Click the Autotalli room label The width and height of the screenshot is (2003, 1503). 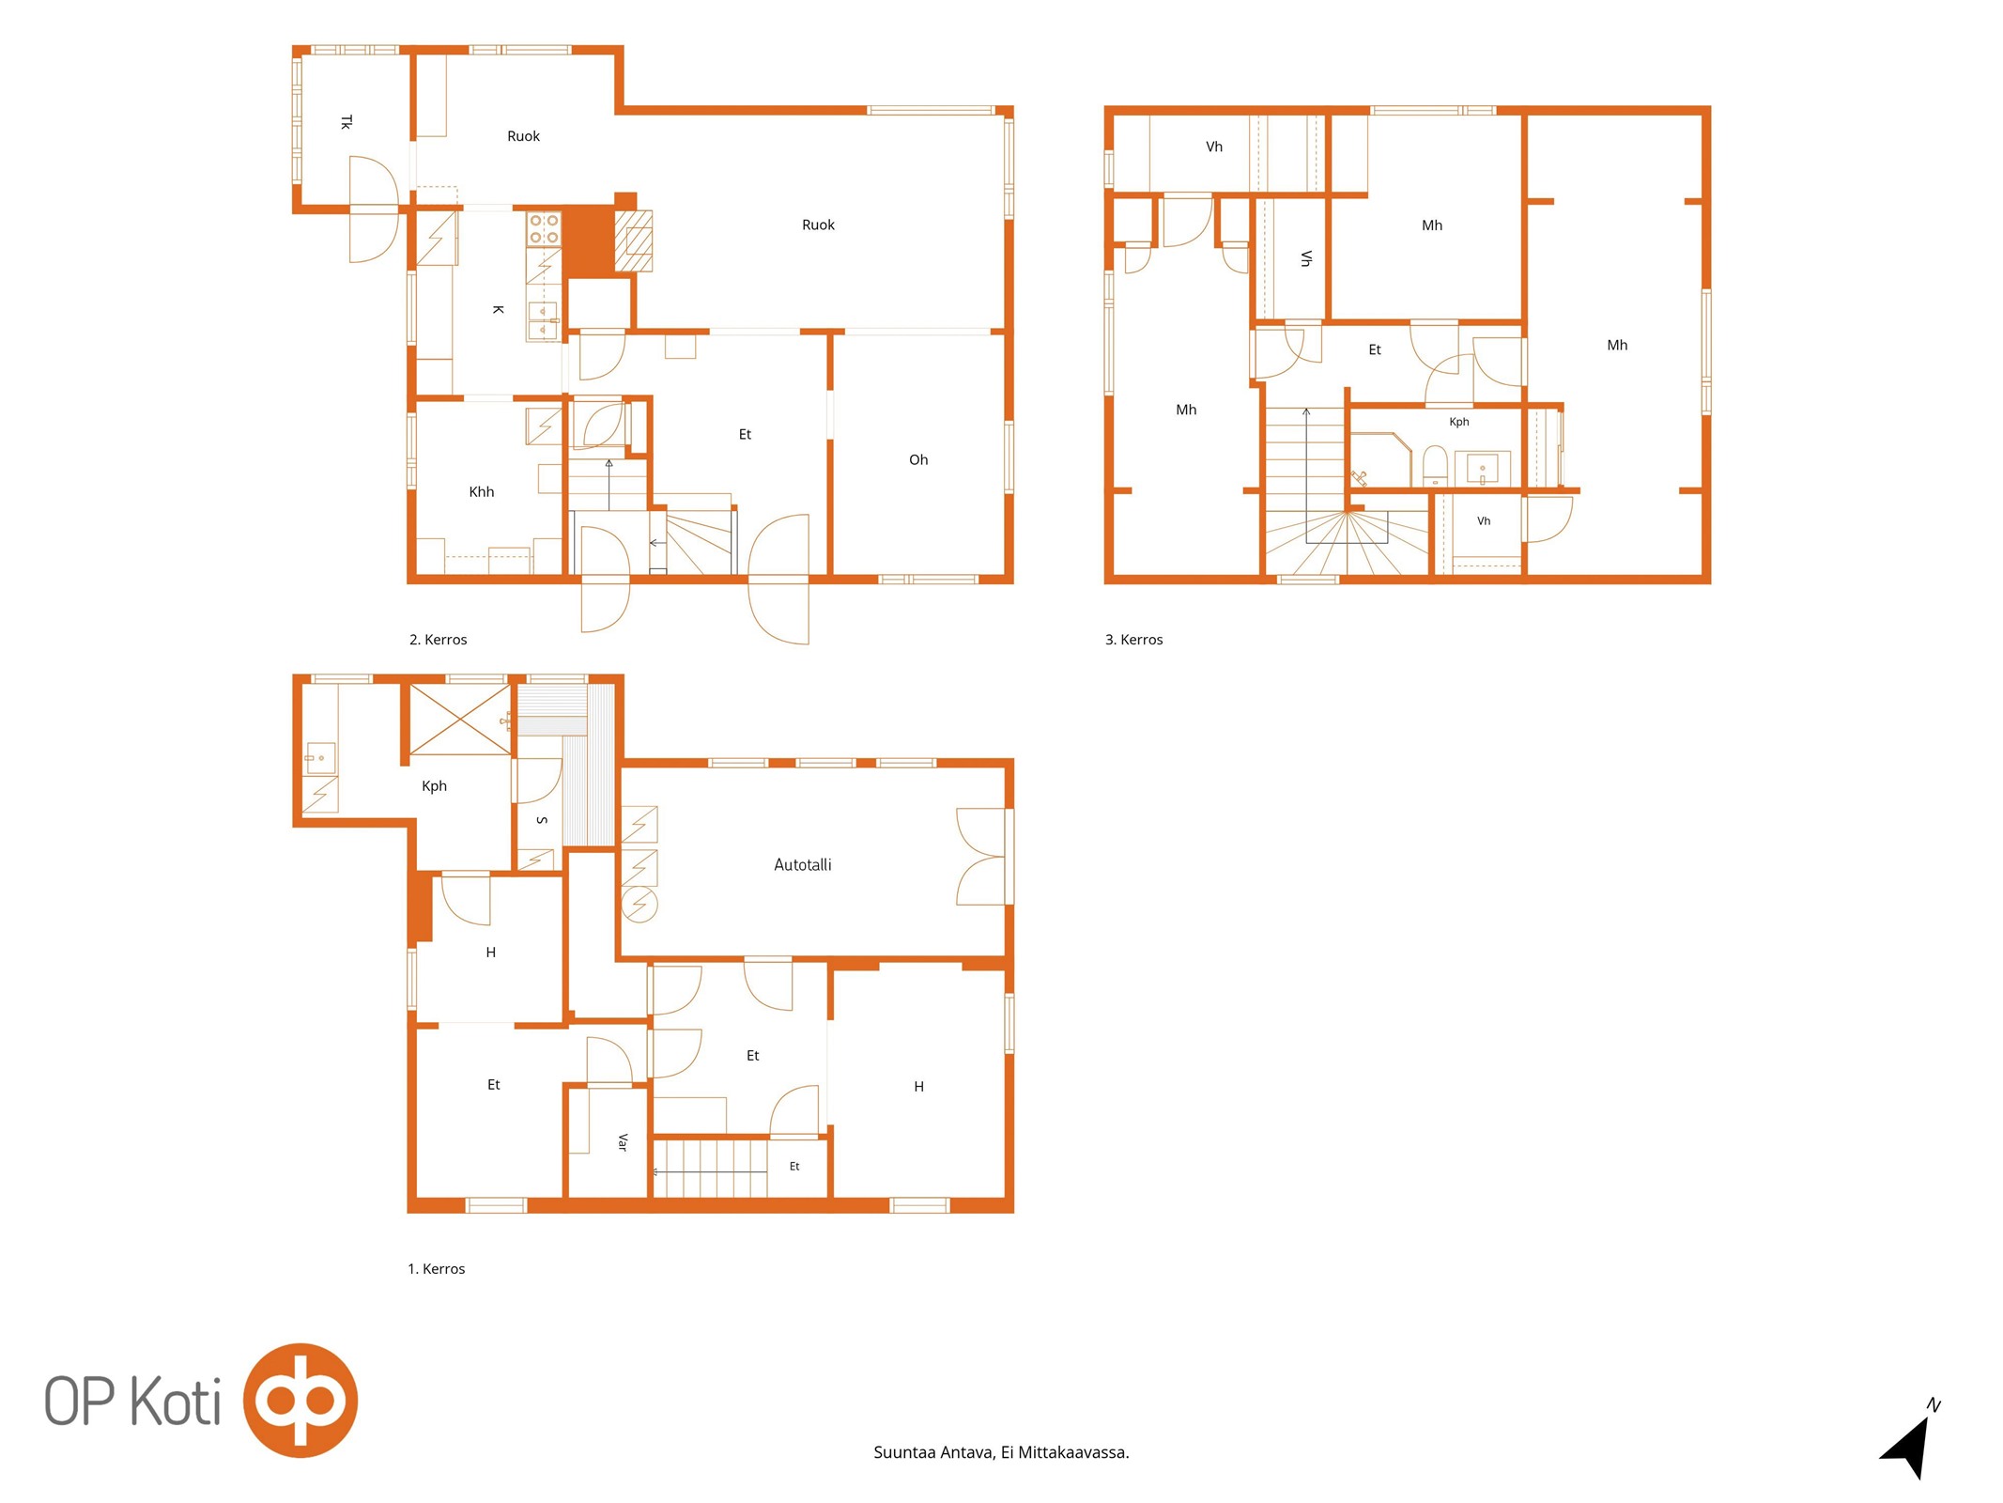[802, 864]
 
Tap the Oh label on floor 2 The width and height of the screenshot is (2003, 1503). [918, 459]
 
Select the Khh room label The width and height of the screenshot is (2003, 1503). [481, 491]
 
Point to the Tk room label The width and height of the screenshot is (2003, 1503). [347, 122]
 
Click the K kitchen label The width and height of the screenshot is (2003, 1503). [499, 309]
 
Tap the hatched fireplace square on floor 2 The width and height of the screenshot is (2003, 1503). [634, 240]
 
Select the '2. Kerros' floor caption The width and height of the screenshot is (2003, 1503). [438, 640]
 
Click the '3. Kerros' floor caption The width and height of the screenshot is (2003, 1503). [1133, 640]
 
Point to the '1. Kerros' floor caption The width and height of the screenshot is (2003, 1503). [436, 1269]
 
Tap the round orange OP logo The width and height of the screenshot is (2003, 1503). [300, 1401]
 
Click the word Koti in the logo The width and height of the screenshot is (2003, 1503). [175, 1401]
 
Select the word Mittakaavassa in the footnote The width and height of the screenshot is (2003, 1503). [1073, 1452]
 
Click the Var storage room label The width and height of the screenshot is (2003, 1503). [623, 1142]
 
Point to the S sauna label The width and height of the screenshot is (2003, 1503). [542, 820]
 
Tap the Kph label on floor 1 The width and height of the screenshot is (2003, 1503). [434, 786]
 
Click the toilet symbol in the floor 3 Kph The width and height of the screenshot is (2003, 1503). [1435, 466]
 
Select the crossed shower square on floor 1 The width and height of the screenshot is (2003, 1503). [460, 721]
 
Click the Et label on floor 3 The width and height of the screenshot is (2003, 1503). [1375, 349]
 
